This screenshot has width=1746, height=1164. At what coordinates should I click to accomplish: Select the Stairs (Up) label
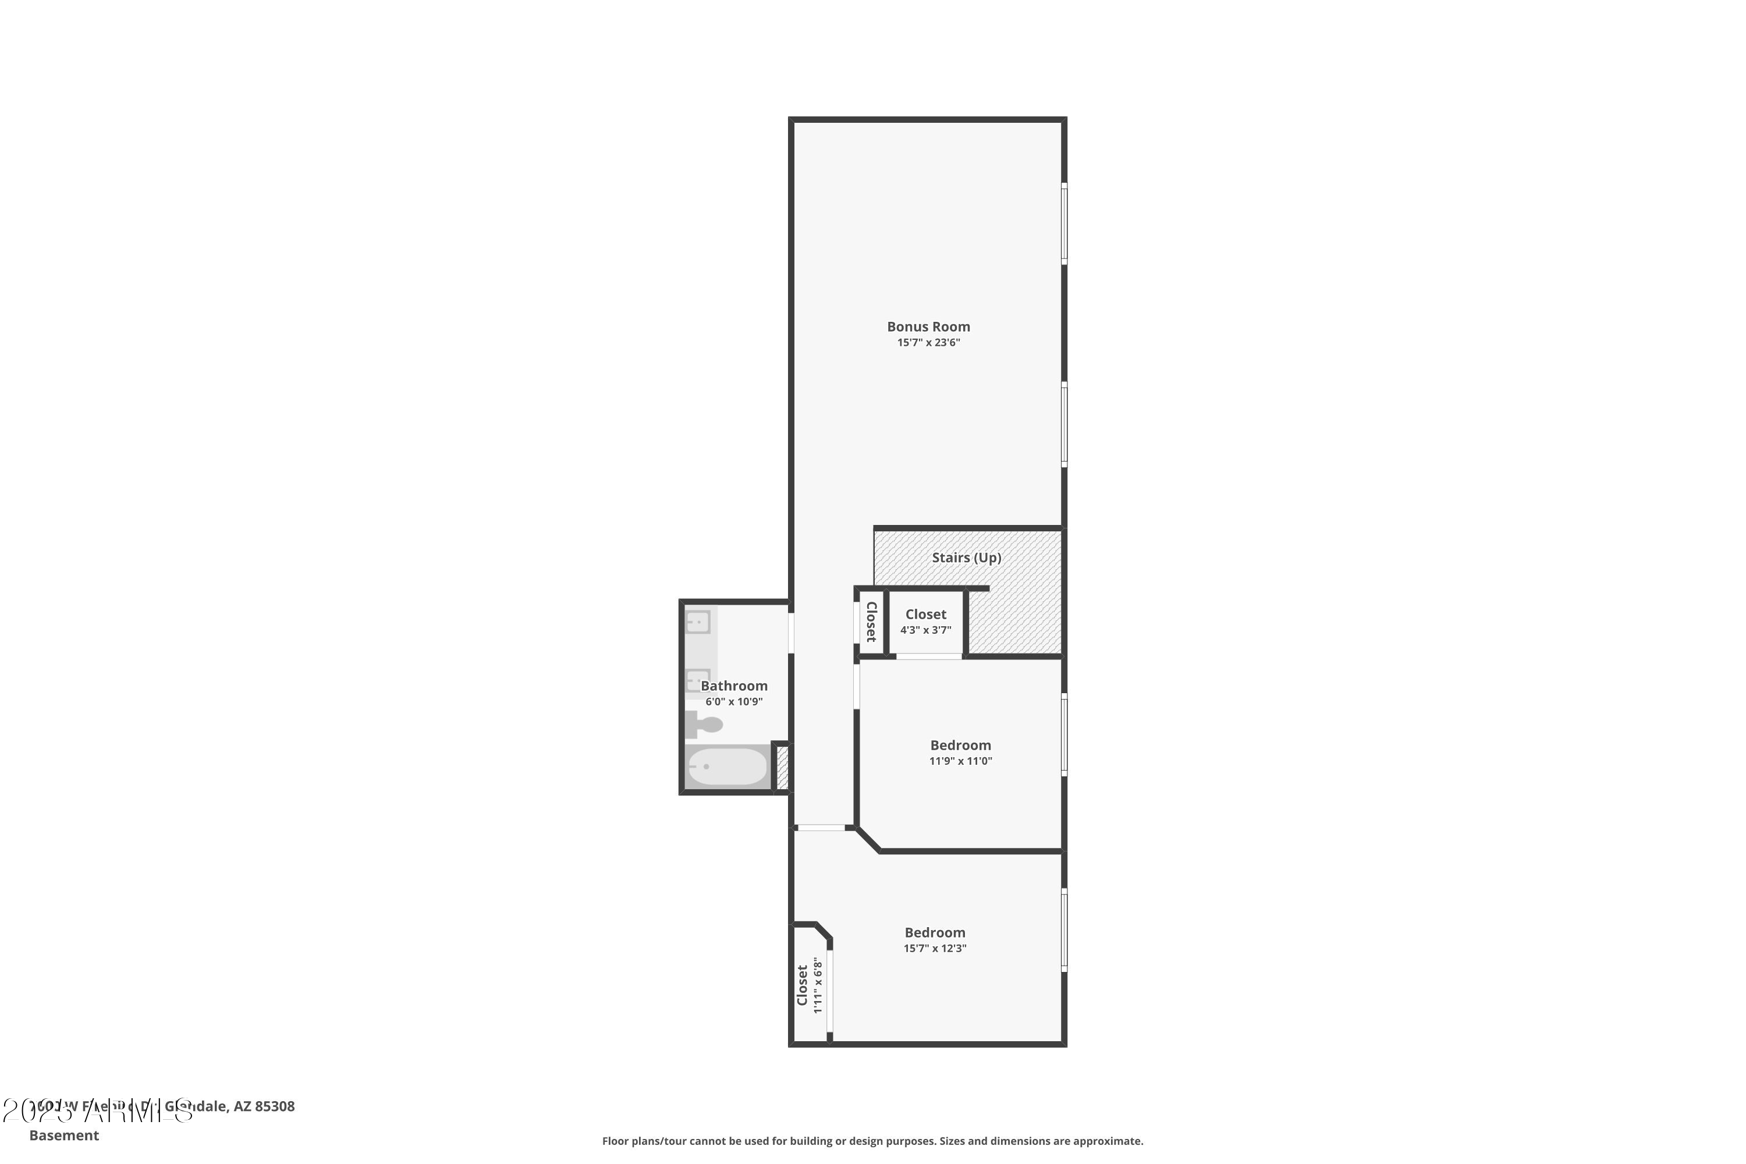[x=967, y=558]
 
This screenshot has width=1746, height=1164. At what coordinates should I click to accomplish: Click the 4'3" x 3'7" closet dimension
[x=926, y=630]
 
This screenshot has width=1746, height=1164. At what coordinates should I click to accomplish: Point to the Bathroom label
[x=733, y=686]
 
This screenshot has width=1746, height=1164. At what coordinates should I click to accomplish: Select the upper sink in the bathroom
[x=698, y=622]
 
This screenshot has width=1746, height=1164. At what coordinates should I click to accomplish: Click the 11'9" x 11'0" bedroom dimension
[x=961, y=761]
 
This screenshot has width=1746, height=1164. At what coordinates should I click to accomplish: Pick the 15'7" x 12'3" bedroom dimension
[x=935, y=949]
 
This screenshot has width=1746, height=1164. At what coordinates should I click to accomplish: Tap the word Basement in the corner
[x=64, y=1135]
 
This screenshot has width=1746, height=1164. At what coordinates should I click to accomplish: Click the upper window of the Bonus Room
[x=1064, y=223]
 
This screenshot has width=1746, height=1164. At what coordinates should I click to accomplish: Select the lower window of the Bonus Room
[x=1064, y=424]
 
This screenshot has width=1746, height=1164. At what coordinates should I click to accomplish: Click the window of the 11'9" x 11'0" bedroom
[x=1064, y=735]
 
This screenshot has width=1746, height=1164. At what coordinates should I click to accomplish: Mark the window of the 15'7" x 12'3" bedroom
[x=1064, y=930]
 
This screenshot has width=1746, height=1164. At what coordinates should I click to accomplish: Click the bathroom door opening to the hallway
[x=790, y=633]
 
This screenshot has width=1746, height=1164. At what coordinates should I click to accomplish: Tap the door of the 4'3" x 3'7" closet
[x=929, y=656]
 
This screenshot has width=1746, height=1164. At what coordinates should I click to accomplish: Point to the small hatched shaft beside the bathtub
[x=782, y=767]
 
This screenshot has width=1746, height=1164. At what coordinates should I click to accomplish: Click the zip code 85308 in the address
[x=275, y=1106]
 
